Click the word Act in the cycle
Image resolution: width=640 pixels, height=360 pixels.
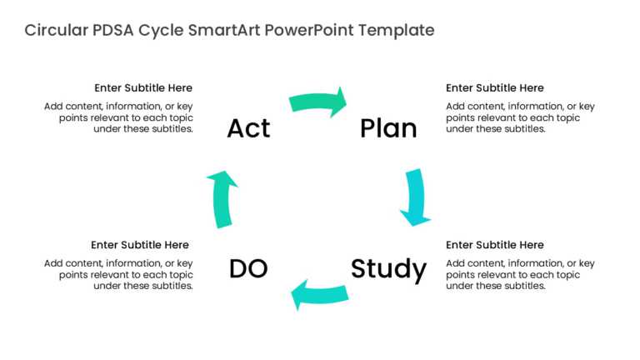click(x=248, y=128)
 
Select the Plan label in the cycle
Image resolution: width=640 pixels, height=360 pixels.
click(x=388, y=128)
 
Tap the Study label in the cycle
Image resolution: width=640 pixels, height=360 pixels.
click(x=388, y=269)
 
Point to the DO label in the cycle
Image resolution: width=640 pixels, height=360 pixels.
click(x=248, y=269)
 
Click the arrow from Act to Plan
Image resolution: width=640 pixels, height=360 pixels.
click(x=317, y=102)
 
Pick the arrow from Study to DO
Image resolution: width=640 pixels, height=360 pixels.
click(x=318, y=294)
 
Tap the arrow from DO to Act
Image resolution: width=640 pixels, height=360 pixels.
click(x=222, y=198)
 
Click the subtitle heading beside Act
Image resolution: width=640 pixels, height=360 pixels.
click(x=143, y=87)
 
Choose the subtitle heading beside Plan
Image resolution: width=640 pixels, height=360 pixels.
click(x=495, y=87)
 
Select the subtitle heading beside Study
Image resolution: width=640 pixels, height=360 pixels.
click(x=495, y=245)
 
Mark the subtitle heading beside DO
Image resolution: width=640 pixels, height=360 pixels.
click(x=140, y=245)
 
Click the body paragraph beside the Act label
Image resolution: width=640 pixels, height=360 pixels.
click(x=119, y=117)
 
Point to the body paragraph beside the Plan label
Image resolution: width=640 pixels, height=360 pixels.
click(x=520, y=117)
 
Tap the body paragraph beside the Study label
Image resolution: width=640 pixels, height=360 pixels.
click(x=520, y=274)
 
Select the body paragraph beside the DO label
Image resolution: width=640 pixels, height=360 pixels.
click(x=119, y=274)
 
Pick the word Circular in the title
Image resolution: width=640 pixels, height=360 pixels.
click(x=53, y=31)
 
